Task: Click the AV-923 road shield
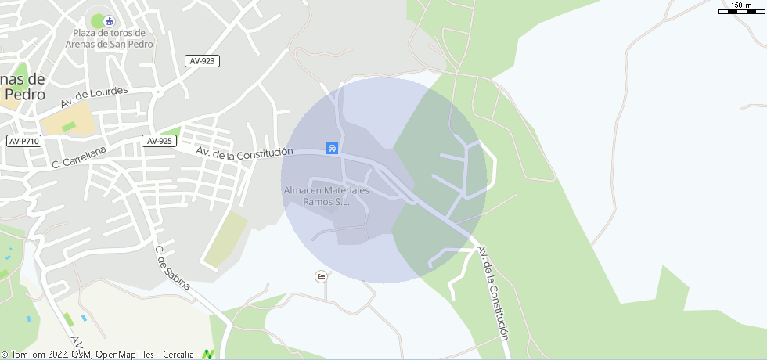click(202, 61)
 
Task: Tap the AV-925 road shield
click(159, 141)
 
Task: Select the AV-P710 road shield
click(24, 141)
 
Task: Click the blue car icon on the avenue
click(332, 148)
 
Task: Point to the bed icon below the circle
click(320, 276)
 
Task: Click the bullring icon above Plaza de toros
click(109, 20)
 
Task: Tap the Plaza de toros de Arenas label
click(109, 38)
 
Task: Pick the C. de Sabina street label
click(172, 268)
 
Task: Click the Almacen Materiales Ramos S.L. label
click(326, 196)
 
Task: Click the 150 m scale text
click(741, 5)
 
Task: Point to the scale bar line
click(741, 12)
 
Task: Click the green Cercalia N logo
click(209, 354)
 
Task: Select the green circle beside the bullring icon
click(98, 21)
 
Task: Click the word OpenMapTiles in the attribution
click(126, 355)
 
